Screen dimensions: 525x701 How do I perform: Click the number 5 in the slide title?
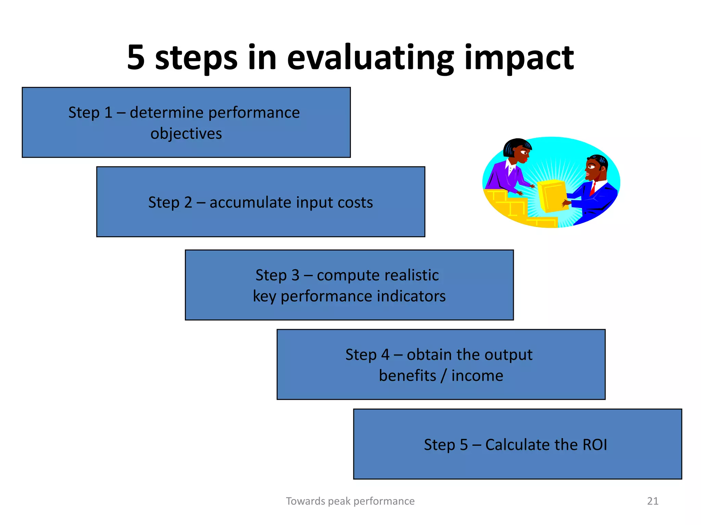(x=136, y=57)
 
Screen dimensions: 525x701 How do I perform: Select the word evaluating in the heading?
(x=370, y=58)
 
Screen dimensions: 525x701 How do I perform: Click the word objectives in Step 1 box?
(x=186, y=134)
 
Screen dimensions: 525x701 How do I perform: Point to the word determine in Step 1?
(x=167, y=112)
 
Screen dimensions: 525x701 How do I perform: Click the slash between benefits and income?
(x=444, y=376)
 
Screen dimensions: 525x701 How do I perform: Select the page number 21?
(x=652, y=501)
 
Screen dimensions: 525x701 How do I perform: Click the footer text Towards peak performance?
(x=350, y=501)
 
